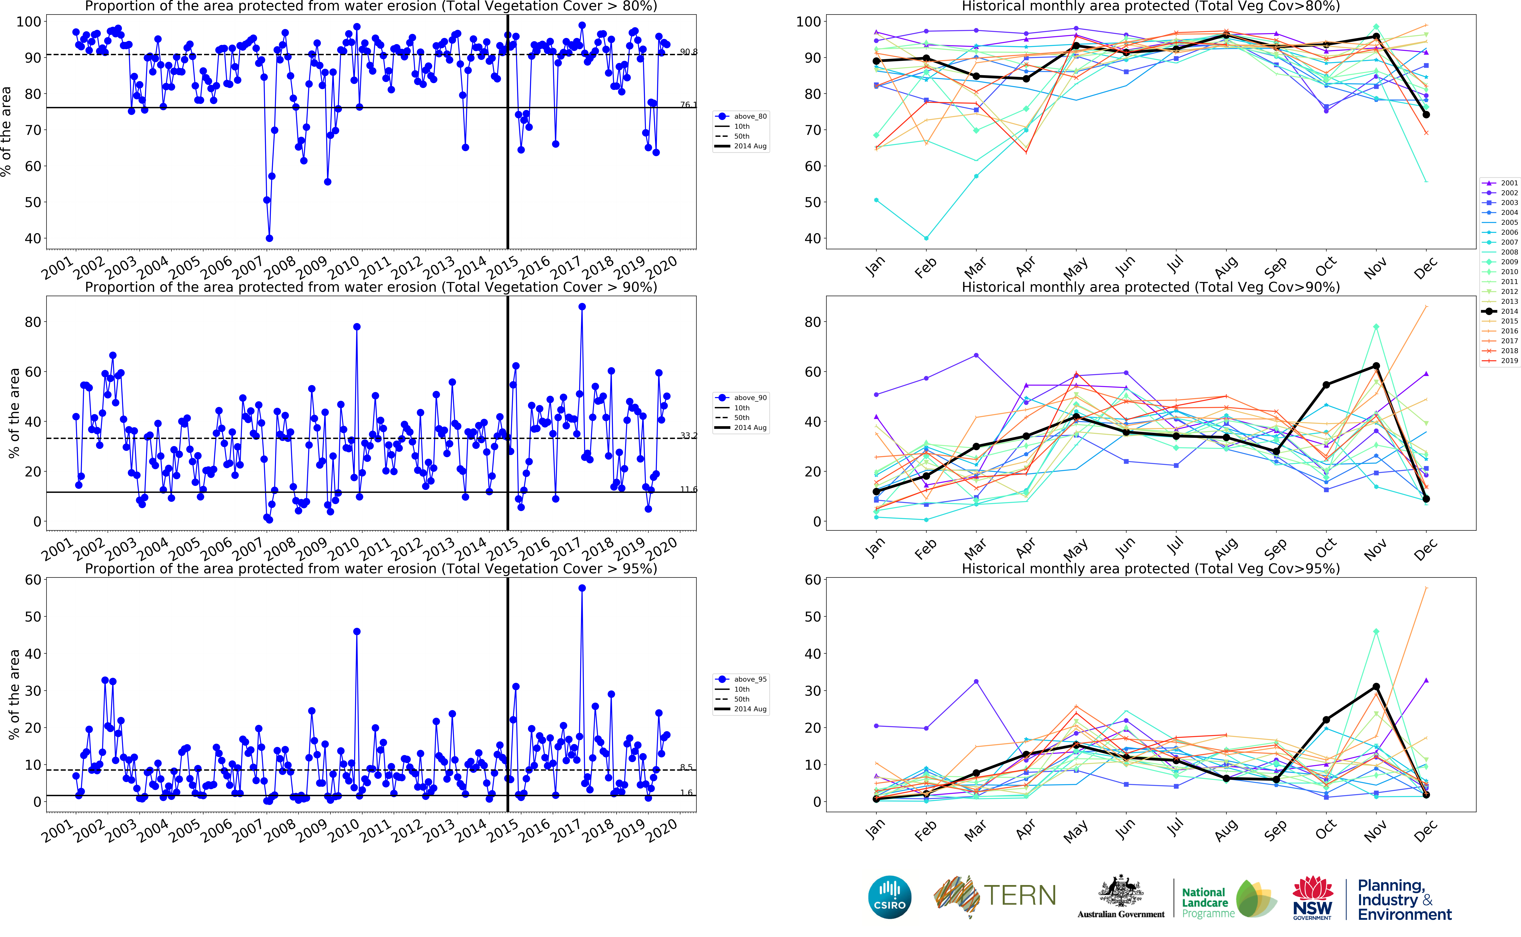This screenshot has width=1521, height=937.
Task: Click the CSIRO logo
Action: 890,897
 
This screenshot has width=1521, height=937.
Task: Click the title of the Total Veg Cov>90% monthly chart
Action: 1151,287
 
